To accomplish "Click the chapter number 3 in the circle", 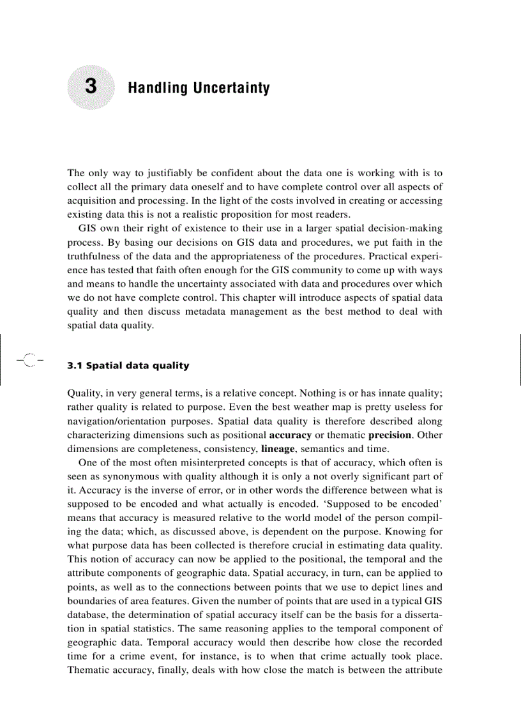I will (x=90, y=87).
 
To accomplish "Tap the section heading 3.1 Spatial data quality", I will (x=128, y=366).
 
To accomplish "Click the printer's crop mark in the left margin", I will (x=27, y=361).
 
